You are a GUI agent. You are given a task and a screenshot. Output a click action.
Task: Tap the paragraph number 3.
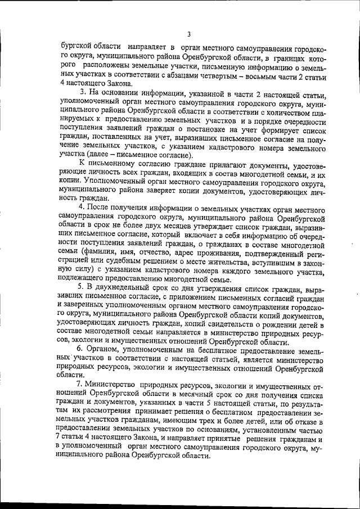(x=83, y=92)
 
